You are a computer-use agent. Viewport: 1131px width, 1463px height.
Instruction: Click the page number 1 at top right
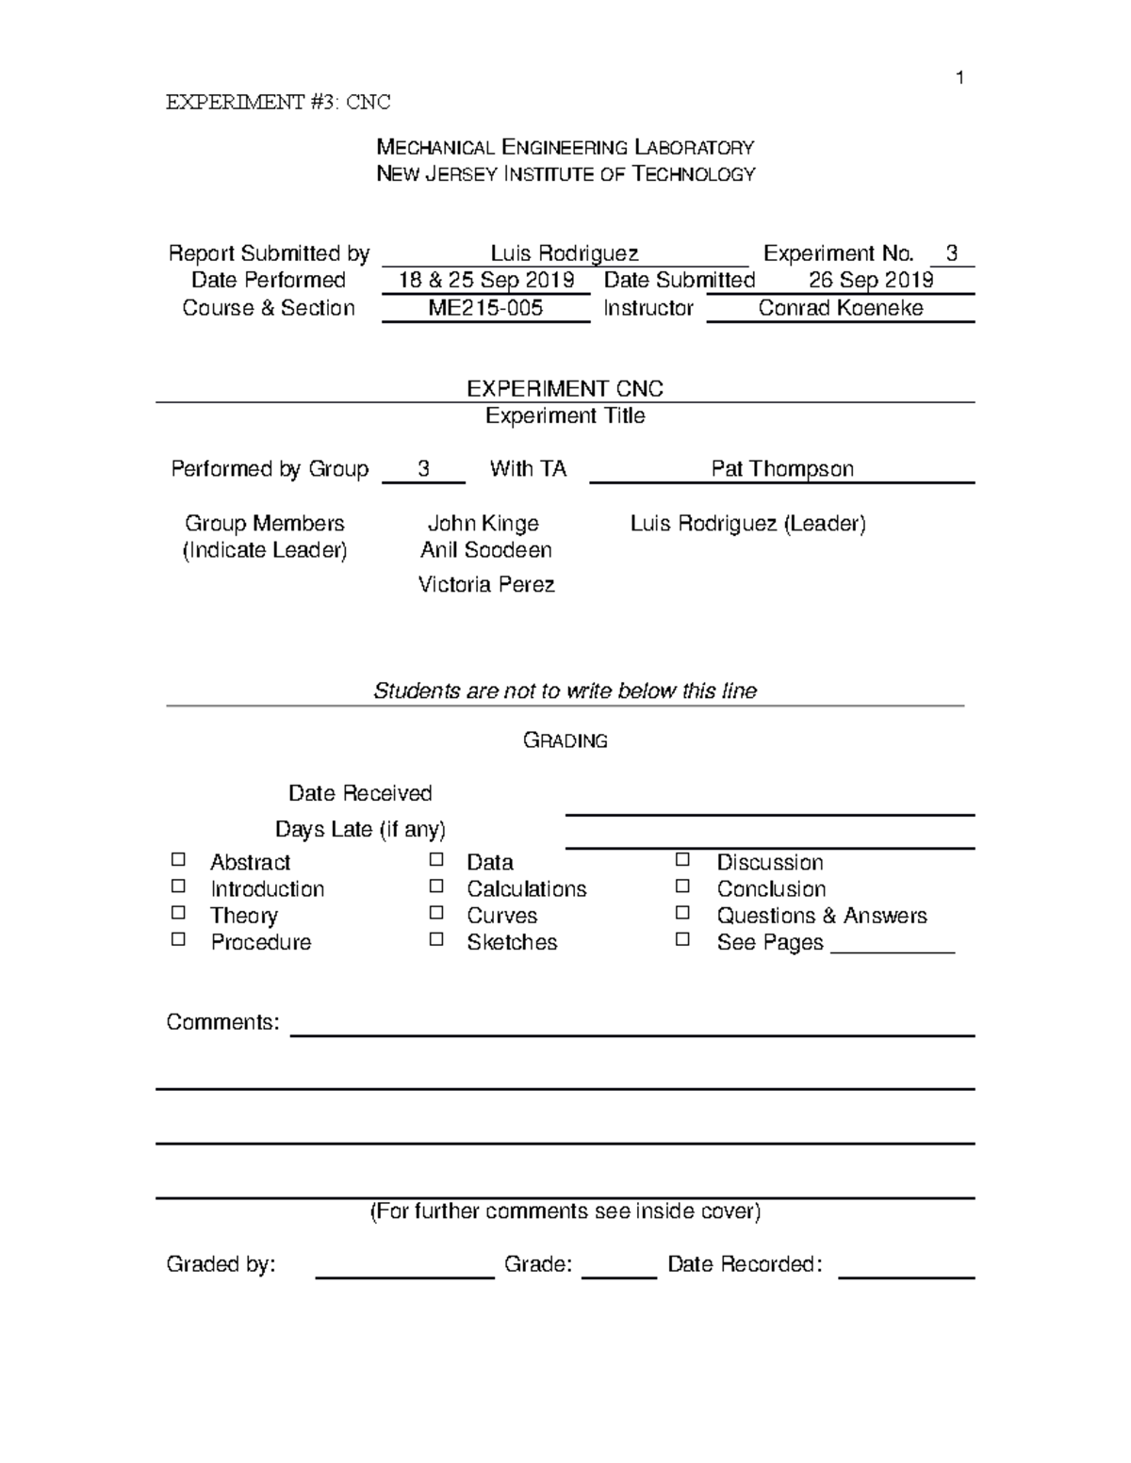point(959,78)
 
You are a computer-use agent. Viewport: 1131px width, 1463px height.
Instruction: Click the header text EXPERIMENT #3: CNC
point(278,103)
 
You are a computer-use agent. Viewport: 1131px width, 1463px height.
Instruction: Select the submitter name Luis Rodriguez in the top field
point(565,253)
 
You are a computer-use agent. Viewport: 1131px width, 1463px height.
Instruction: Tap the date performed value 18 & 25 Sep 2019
point(485,281)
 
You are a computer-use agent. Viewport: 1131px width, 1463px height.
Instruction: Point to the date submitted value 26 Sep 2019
point(871,281)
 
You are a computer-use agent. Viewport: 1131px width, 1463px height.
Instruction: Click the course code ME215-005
point(485,308)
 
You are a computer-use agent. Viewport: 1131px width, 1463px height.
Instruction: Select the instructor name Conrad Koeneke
point(840,308)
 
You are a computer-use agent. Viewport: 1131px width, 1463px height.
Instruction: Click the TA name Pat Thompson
point(782,469)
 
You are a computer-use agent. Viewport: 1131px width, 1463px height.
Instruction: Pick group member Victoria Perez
point(485,585)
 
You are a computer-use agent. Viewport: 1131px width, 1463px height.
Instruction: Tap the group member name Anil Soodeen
point(485,550)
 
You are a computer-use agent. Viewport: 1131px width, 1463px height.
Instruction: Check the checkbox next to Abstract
point(178,860)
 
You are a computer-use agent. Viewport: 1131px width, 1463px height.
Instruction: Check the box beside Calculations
point(435,886)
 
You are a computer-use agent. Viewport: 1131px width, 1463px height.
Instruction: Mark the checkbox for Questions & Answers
point(682,913)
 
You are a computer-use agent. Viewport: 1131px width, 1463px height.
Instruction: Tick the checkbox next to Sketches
point(435,939)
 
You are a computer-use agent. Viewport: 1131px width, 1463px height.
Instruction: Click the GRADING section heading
point(565,741)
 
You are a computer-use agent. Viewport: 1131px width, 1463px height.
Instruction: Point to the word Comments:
point(222,1023)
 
